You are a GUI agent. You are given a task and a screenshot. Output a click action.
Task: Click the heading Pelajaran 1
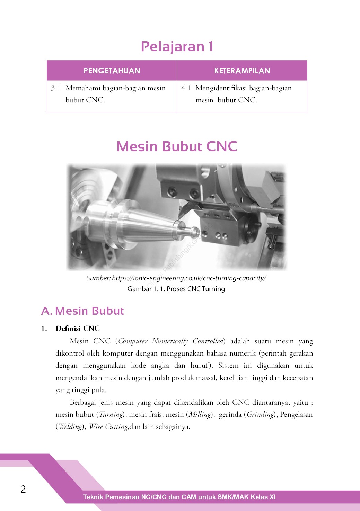tap(177, 47)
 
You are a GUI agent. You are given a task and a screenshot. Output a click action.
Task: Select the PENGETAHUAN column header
tap(112, 71)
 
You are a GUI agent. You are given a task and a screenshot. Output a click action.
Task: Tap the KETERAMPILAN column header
tap(242, 71)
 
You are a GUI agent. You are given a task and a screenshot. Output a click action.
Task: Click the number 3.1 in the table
tap(55, 88)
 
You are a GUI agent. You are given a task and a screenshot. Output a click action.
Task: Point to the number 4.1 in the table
tap(186, 88)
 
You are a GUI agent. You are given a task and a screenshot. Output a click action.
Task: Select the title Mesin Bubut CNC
tap(177, 146)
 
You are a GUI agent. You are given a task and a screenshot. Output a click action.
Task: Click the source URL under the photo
tap(189, 278)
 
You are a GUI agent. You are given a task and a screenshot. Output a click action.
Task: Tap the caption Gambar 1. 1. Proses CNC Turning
tap(176, 289)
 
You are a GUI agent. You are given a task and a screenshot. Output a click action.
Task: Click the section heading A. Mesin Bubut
tap(82, 311)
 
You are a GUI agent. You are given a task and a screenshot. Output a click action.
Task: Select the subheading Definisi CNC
tap(78, 329)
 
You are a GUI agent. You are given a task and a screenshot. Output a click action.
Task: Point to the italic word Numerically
tap(170, 341)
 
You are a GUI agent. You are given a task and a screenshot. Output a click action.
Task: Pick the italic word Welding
tap(70, 427)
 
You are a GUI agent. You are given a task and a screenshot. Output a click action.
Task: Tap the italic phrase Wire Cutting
tap(108, 427)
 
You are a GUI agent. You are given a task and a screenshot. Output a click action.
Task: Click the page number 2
tap(23, 489)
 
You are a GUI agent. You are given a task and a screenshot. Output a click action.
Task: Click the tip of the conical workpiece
tap(196, 230)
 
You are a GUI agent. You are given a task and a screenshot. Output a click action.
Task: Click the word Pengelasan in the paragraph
tap(296, 415)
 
